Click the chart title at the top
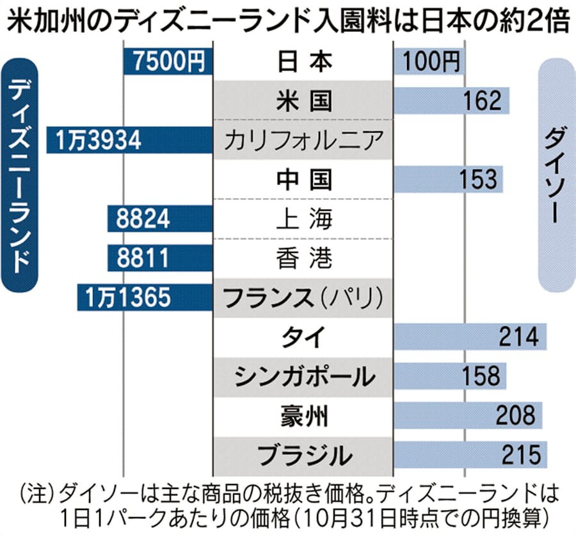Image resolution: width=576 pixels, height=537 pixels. (x=287, y=22)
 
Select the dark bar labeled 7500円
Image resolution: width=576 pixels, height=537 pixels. (x=167, y=61)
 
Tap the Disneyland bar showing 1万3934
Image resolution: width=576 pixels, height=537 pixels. (x=129, y=140)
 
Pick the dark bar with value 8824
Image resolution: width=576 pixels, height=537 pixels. (x=159, y=219)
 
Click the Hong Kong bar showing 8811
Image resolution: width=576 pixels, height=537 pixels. (x=159, y=258)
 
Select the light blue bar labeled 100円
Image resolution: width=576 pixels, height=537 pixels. (x=429, y=61)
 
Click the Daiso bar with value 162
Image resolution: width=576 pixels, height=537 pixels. (x=452, y=101)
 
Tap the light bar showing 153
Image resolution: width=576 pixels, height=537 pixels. (x=449, y=179)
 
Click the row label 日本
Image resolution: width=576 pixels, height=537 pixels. (x=304, y=61)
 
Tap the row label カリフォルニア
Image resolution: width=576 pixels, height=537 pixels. (x=304, y=140)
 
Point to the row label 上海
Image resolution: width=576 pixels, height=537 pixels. (x=304, y=219)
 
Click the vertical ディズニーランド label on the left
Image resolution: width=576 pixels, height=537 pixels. (x=21, y=173)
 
